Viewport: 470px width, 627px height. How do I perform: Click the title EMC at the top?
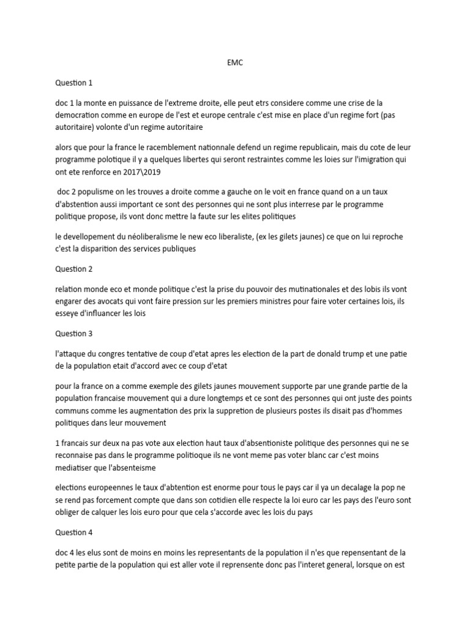click(234, 63)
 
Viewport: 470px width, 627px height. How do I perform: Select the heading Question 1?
click(75, 83)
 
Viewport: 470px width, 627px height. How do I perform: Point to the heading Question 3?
click(75, 334)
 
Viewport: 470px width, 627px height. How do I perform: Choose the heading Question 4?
click(75, 533)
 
